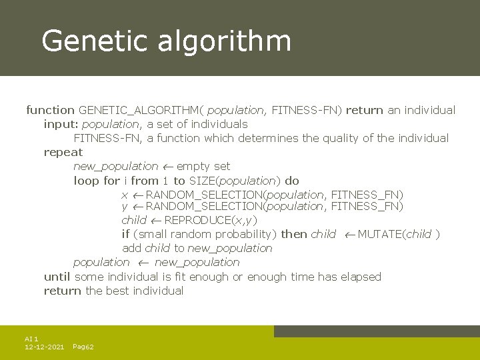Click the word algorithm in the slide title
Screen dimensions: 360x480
(x=225, y=41)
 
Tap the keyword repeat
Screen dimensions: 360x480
(x=63, y=153)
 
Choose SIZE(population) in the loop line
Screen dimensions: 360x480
(x=235, y=181)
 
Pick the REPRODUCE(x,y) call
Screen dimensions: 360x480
(x=210, y=220)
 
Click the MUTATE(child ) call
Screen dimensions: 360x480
(x=398, y=234)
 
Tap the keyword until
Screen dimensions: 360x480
(x=57, y=277)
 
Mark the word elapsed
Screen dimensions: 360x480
(x=361, y=277)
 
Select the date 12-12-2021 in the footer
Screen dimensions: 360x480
(x=44, y=347)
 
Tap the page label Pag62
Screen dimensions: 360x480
(x=83, y=347)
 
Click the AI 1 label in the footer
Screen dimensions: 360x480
(x=31, y=339)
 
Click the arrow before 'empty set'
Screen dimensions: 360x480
(x=167, y=167)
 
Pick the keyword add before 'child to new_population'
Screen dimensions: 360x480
(x=132, y=248)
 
